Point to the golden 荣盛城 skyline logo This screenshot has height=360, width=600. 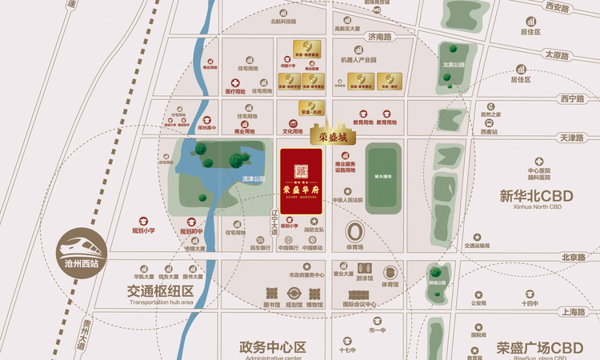point(332,131)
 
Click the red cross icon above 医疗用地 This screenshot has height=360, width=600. point(234,82)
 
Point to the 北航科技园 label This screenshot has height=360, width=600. point(283,22)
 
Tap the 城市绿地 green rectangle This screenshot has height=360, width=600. point(383,177)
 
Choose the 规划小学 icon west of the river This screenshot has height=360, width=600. point(144,221)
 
